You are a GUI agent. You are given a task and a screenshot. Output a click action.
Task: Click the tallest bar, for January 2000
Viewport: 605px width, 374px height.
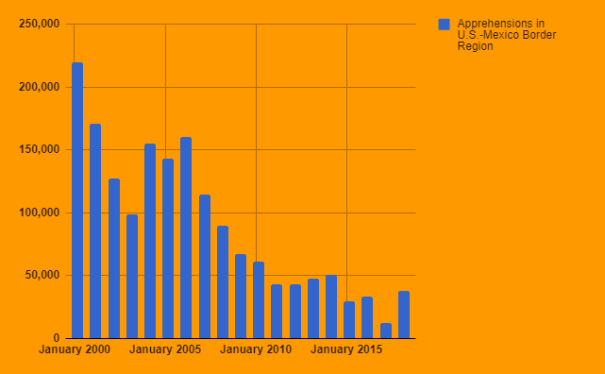77,200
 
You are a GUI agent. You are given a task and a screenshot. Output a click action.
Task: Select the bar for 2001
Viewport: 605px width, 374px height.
95,231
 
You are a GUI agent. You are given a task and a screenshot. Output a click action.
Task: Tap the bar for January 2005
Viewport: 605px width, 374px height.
168,248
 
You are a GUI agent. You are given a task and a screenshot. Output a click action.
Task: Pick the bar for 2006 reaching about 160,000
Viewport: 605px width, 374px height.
186,238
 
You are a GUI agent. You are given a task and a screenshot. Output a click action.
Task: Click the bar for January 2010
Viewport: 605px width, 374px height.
259,300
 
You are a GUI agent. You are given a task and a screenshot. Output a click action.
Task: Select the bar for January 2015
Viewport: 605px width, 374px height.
349,320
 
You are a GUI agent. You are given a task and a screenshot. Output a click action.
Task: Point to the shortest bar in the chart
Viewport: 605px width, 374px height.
386,331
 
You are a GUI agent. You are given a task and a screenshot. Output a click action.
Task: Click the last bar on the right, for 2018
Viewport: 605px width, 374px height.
404,314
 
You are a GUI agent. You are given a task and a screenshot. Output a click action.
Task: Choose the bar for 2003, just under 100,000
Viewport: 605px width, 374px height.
132,277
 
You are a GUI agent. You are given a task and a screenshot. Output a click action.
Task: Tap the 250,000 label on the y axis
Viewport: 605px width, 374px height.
40,24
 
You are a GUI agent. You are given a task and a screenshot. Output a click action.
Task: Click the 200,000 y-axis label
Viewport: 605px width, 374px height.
40,87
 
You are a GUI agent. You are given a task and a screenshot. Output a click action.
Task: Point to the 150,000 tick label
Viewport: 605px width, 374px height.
40,150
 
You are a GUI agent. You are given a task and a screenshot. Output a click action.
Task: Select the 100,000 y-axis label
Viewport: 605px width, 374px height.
40,212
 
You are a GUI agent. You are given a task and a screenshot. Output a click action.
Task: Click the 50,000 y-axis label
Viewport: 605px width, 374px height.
42,275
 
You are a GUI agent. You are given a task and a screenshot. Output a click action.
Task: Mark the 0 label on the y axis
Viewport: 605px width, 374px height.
57,338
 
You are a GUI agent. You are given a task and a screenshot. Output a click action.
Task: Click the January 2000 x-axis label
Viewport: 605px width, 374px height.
75,349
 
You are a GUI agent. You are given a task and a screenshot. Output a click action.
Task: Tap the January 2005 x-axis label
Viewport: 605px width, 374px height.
165,349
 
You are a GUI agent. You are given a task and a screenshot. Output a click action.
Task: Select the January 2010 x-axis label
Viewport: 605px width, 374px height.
256,349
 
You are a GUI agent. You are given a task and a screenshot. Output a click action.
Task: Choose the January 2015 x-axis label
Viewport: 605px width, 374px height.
346,349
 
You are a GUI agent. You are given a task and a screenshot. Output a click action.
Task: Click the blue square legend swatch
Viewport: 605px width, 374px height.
445,25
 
